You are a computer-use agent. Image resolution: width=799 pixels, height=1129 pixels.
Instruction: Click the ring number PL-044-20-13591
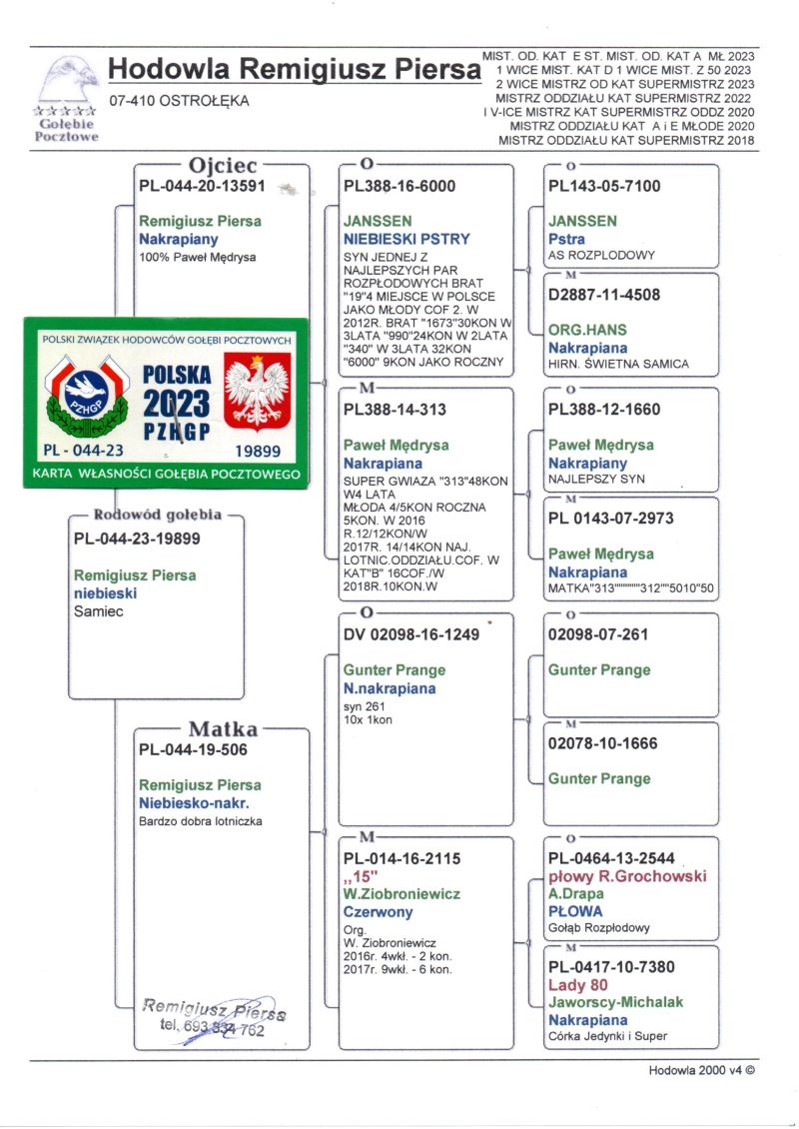click(202, 186)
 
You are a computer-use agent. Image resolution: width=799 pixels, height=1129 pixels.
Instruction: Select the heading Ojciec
click(216, 165)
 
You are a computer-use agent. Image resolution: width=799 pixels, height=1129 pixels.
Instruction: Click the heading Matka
click(223, 729)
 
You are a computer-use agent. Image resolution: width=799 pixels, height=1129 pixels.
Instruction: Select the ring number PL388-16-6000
click(399, 186)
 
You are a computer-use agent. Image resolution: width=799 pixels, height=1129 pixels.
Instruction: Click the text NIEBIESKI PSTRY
click(406, 239)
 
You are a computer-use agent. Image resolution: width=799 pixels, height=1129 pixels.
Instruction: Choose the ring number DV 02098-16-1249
click(411, 634)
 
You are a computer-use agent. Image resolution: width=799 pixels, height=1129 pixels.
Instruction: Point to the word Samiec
click(99, 611)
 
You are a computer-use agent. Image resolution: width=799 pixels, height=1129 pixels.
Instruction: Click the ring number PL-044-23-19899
click(137, 540)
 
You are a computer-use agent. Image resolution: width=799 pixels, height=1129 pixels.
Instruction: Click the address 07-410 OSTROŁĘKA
click(179, 100)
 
